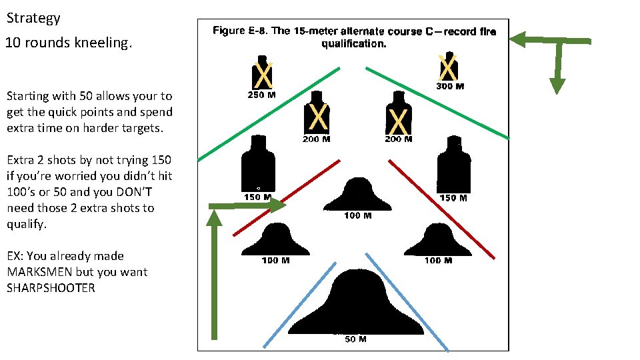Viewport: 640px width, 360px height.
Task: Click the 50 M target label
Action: tap(355, 339)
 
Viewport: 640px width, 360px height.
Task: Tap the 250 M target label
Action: tap(262, 95)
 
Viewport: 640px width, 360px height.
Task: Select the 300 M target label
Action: tap(450, 86)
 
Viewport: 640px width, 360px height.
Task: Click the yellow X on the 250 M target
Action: tap(264, 75)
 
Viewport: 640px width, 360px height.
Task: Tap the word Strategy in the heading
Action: tap(33, 18)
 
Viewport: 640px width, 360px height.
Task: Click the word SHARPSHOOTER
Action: tap(51, 288)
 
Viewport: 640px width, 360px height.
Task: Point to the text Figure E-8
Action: tap(239, 31)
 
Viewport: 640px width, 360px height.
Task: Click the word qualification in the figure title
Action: tap(353, 44)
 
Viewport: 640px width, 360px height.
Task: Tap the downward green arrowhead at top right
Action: tap(557, 85)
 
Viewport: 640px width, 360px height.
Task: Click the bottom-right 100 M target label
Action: tap(438, 260)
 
